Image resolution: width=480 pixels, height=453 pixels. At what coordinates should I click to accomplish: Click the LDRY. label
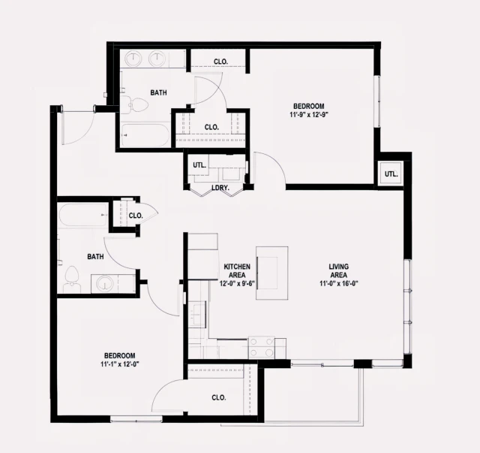220,187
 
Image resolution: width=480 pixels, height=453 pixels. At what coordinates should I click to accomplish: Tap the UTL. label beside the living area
391,174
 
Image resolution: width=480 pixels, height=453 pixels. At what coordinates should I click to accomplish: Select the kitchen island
271,272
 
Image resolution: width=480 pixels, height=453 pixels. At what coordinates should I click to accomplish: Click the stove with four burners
261,347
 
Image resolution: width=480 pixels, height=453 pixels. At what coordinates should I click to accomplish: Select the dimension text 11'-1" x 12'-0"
119,364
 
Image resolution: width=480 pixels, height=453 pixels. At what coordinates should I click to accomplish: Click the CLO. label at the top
220,61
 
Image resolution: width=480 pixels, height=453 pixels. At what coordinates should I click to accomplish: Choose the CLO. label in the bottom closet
219,397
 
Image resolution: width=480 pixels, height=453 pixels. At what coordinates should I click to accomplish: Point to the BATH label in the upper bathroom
158,93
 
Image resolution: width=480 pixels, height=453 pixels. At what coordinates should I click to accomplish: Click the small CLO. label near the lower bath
135,216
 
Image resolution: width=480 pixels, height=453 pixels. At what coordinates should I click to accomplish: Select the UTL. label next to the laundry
199,165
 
